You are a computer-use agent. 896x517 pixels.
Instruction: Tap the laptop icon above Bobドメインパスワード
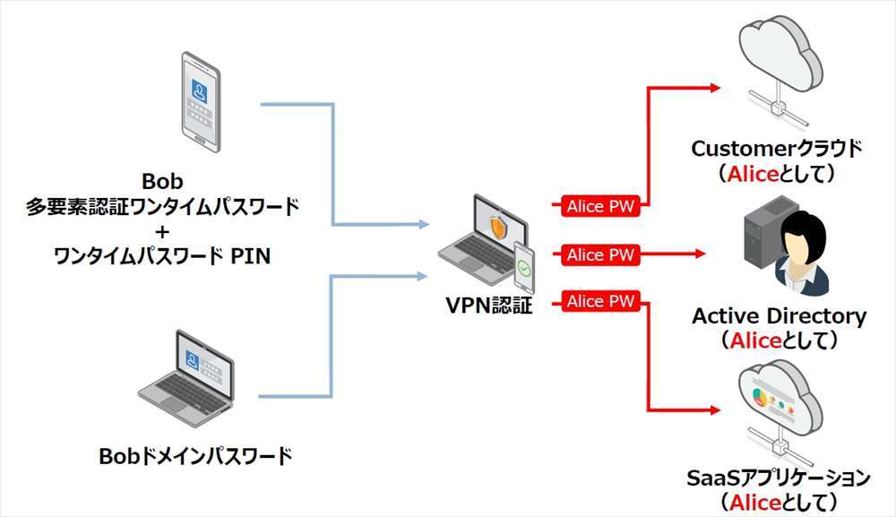click(187, 375)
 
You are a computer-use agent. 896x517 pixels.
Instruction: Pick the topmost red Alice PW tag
click(599, 206)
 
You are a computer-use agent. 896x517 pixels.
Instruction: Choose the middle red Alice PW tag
click(599, 254)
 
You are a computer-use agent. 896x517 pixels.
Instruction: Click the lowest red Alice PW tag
click(599, 301)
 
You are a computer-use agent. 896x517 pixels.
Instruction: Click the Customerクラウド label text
click(776, 149)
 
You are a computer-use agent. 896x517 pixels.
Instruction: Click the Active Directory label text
click(779, 316)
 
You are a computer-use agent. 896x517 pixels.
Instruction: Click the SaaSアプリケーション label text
click(779, 478)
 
